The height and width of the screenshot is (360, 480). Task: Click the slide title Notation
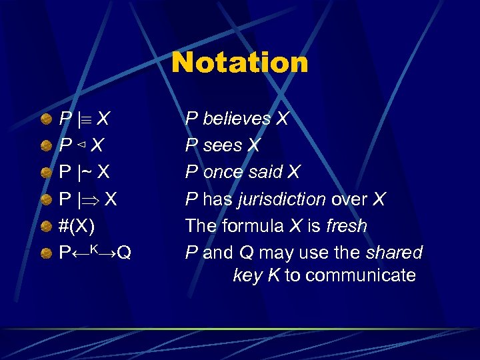pyautogui.click(x=240, y=63)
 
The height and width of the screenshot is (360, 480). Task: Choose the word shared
pyautogui.click(x=394, y=253)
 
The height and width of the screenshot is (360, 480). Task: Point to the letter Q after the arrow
pyautogui.click(x=124, y=253)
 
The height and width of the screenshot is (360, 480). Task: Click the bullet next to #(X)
pyautogui.click(x=46, y=226)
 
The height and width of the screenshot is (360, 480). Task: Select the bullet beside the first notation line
pyautogui.click(x=46, y=119)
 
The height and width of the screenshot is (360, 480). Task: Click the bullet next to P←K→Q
pyautogui.click(x=46, y=253)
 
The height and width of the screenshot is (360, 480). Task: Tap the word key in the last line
pyautogui.click(x=247, y=275)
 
